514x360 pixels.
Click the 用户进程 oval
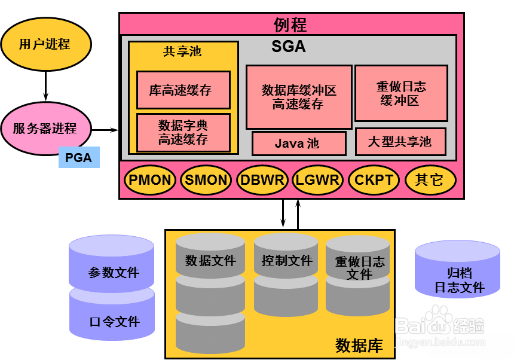pos(46,44)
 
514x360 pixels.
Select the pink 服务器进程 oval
pos(46,129)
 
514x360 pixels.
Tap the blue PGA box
pos(79,158)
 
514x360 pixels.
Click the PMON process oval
pos(150,180)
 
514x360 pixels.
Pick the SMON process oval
pos(206,180)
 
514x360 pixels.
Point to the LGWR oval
pos(317,180)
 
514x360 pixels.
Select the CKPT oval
pos(374,180)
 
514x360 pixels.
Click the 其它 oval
pos(430,180)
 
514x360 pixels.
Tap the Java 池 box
pos(298,144)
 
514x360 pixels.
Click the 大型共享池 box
pos(400,142)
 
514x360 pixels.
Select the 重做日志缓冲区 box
pos(401,93)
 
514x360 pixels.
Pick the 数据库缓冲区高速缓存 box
pos(298,97)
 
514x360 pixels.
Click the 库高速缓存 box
pos(183,90)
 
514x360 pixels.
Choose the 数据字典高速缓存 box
pos(183,133)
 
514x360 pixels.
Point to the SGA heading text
pos(289,46)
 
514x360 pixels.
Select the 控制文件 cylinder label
pos(286,261)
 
